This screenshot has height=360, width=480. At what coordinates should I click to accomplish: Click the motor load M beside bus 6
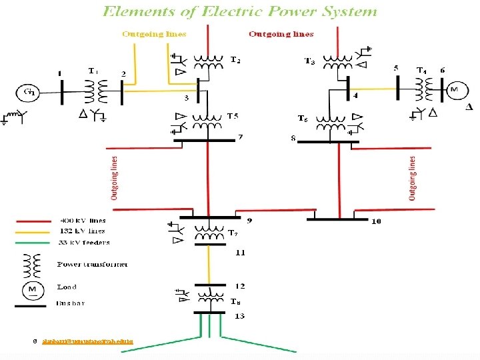(x=455, y=89)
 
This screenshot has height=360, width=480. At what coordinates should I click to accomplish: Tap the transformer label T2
(x=235, y=60)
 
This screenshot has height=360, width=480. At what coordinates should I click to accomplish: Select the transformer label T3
(x=310, y=61)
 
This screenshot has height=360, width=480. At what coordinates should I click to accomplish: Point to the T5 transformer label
(x=232, y=117)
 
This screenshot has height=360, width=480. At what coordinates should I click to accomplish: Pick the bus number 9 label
(x=249, y=220)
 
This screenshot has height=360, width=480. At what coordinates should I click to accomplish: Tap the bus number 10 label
(x=376, y=221)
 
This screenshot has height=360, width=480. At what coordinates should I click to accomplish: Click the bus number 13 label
(x=239, y=315)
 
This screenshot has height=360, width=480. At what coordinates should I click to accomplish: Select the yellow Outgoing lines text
(x=154, y=34)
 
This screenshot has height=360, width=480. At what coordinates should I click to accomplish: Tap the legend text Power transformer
(x=93, y=265)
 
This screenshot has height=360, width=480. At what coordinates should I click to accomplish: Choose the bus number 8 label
(x=293, y=139)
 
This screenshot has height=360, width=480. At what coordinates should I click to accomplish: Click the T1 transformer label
(x=93, y=71)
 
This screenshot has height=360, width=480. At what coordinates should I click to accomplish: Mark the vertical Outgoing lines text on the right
(x=412, y=178)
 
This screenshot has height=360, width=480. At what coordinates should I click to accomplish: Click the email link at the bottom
(x=87, y=341)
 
